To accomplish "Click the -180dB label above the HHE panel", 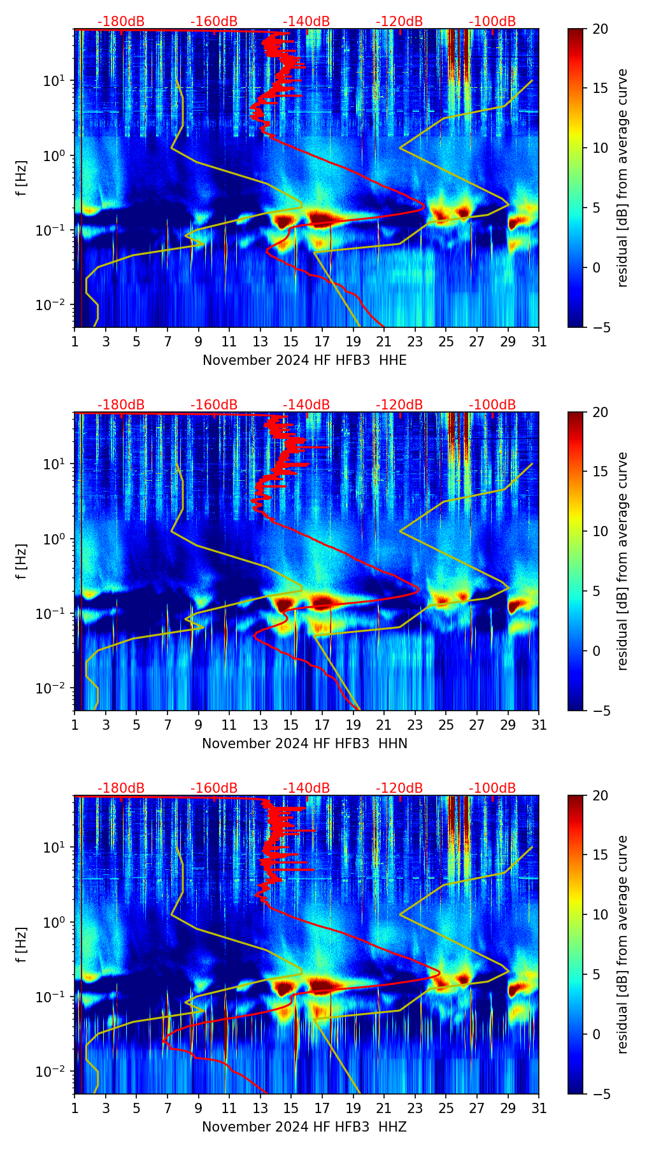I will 121,22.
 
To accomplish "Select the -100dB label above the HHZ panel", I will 492,788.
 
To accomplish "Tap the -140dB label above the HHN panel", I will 306,405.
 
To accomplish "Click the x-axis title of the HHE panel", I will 304,360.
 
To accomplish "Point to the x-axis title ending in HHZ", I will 304,1127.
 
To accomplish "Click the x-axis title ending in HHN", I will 304,744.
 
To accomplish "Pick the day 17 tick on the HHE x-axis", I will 322,341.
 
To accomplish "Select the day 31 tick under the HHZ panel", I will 539,1108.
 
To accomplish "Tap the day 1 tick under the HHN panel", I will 75,725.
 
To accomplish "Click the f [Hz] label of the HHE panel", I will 22,178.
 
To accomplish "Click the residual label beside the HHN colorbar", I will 623,561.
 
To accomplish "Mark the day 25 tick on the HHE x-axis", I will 446,341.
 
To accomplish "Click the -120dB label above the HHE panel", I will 399,22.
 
